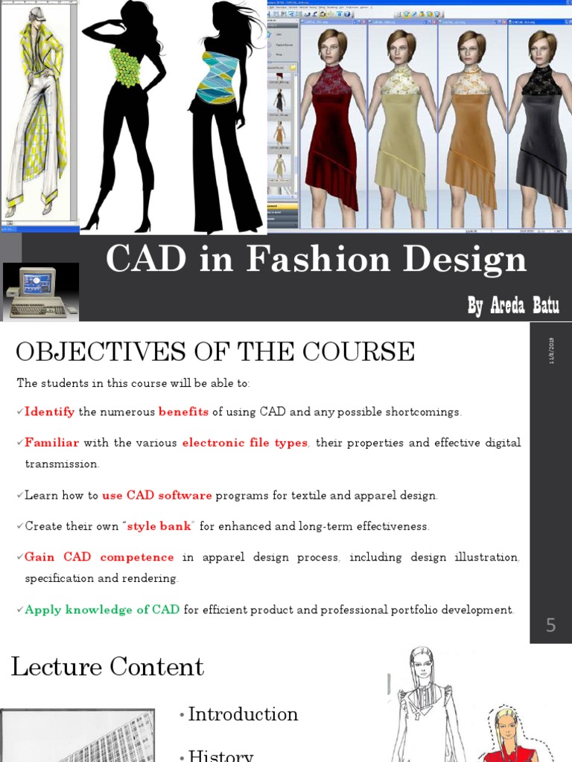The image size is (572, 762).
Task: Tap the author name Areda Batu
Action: (513, 305)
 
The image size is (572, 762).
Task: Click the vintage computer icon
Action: (40, 291)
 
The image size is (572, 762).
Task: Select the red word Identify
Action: (50, 412)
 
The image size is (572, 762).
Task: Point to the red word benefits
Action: (183, 412)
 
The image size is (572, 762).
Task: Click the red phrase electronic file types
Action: (245, 443)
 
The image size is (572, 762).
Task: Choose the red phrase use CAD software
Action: (157, 496)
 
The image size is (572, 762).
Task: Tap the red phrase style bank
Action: (160, 526)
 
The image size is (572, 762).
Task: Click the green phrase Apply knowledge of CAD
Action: (102, 609)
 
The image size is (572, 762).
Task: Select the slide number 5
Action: (550, 626)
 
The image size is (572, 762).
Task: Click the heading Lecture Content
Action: (107, 667)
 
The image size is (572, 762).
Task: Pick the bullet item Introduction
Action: (243, 714)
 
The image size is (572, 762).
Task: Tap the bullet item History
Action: (220, 755)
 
